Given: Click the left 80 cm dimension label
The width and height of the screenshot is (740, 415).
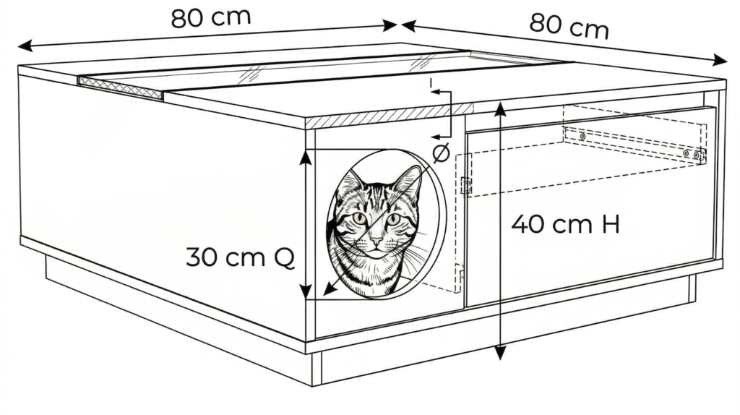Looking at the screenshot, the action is pos(210,18).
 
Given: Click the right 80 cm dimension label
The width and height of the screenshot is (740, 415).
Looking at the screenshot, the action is pos(569,25).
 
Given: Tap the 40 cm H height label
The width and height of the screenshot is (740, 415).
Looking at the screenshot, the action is pos(565,224).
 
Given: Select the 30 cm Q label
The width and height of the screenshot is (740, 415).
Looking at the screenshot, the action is pos(240,257).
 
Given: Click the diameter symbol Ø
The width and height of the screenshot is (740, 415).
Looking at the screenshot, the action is pos(441,153).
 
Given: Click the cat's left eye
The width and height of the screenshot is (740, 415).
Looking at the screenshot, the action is pos(360,218).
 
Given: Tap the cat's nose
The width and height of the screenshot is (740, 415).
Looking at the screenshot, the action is pos(376,241).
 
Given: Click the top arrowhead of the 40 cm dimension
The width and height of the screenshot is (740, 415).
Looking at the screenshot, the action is pos(500,108).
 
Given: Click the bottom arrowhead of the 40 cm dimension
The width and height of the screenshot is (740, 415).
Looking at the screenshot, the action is pos(500,353).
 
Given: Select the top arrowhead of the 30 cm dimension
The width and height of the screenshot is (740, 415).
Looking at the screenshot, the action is pos(306,157).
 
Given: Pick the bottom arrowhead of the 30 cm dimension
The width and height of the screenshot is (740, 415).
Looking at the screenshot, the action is pos(306,291).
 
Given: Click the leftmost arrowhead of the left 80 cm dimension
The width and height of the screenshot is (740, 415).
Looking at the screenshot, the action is pos(25,46).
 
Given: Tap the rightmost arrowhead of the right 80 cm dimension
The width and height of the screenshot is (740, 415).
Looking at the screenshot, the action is pos(720,60).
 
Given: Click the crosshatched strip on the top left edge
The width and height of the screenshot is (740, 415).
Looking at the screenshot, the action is pos(120,87).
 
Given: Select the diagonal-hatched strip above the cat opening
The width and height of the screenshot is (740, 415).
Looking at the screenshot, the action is pos(389,116).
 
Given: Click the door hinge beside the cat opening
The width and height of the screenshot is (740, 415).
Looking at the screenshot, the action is pos(466,184).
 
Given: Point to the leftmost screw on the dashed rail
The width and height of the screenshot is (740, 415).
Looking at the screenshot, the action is pos(583,137).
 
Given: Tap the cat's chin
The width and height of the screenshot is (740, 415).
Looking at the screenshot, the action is pos(376,255).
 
